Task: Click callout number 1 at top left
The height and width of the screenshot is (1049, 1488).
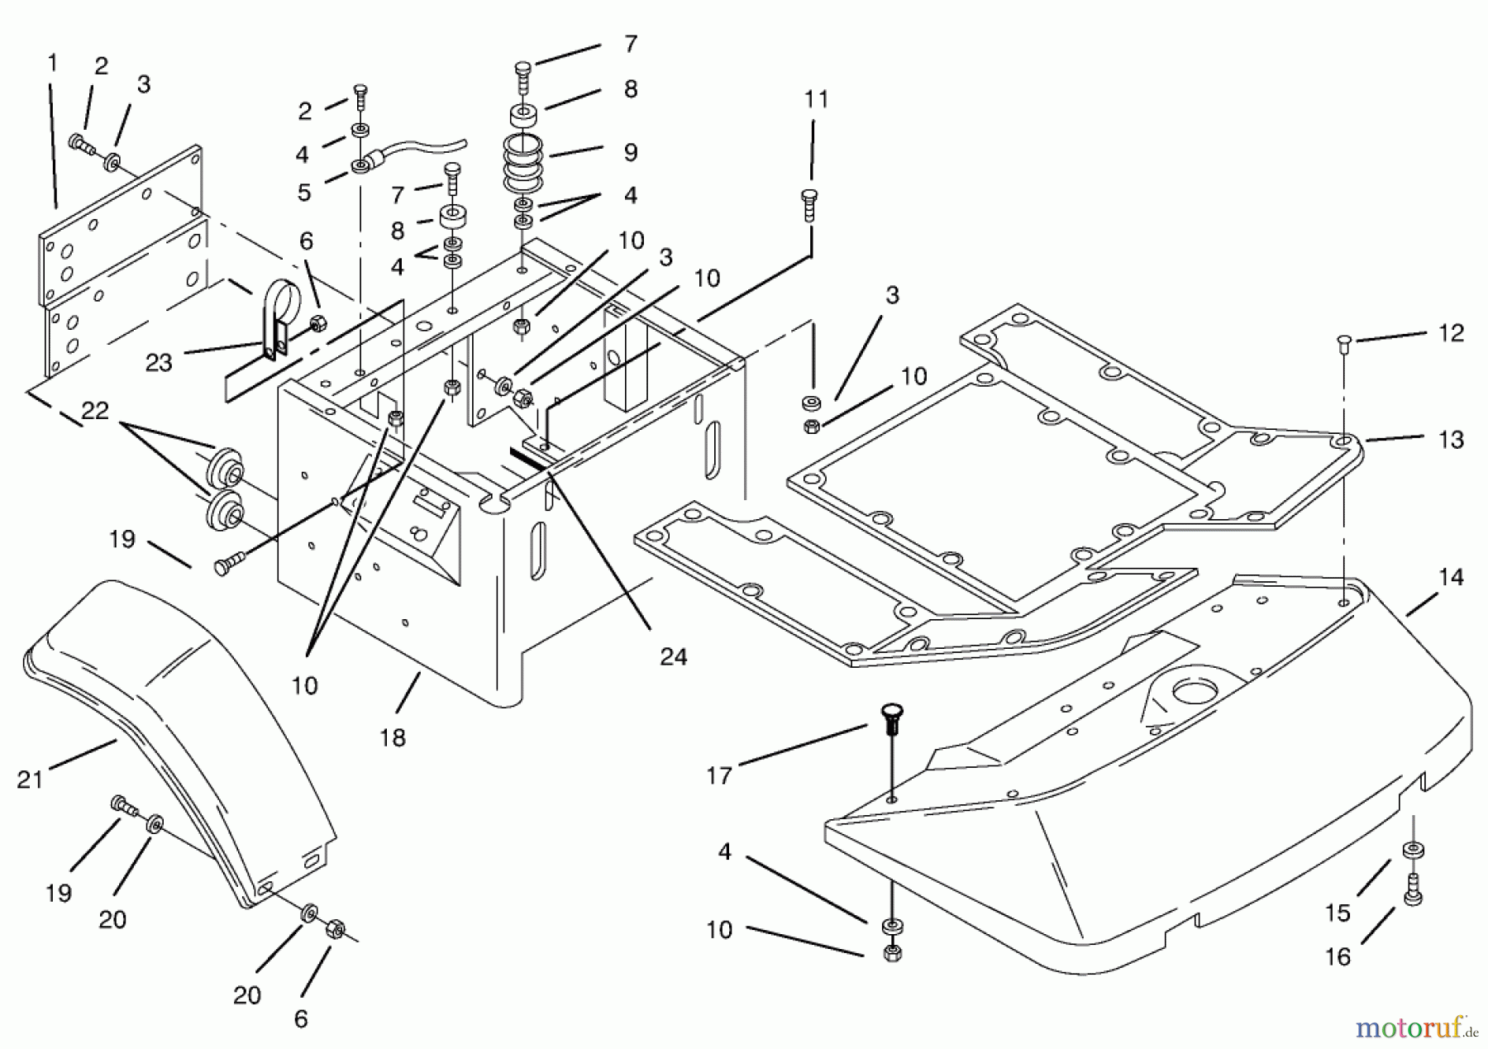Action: click(53, 63)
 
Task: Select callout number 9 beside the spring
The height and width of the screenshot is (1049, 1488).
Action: click(631, 152)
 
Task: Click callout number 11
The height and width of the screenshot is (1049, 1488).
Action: click(816, 99)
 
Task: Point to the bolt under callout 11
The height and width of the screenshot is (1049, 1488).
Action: click(810, 204)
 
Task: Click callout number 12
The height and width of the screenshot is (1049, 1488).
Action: click(1451, 332)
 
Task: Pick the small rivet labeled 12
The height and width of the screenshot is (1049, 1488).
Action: click(1343, 341)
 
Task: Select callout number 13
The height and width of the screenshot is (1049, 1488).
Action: click(1451, 440)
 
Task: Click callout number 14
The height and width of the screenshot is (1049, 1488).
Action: click(1451, 577)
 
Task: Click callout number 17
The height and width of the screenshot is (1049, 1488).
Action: click(719, 775)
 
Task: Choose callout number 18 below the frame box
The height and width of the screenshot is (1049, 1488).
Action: click(393, 737)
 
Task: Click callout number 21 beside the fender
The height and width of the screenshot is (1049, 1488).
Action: click(30, 779)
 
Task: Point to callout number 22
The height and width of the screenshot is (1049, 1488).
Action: click(95, 410)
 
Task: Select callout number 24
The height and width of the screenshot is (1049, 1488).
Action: click(674, 656)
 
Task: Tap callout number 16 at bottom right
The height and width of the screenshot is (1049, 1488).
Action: click(1338, 956)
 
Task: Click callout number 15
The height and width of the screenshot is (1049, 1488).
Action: click(1338, 912)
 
